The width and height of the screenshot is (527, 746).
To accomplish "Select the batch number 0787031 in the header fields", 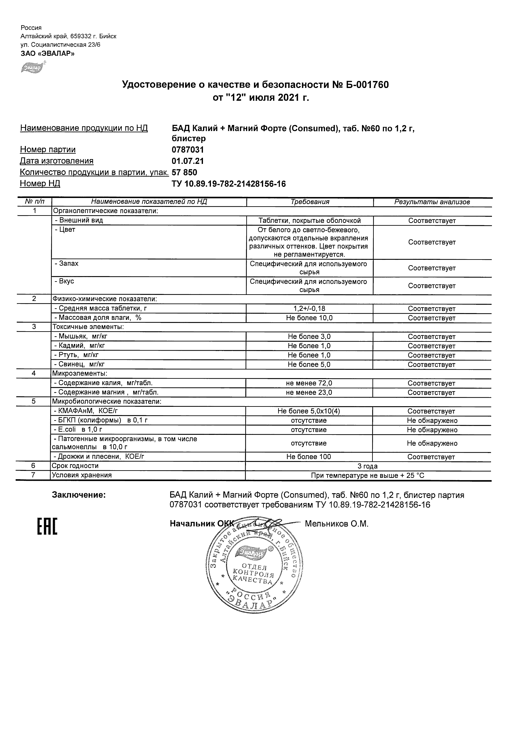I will [188, 150].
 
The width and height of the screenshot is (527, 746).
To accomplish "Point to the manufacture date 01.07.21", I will [188, 161].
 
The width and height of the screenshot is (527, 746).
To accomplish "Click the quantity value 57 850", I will [184, 172].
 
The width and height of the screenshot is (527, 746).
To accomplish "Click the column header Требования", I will [310, 202].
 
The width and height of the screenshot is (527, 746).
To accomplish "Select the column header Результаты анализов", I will [432, 202].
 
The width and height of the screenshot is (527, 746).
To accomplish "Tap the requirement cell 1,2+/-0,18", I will [309, 309].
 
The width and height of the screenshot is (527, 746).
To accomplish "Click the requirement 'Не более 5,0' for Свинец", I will [309, 365].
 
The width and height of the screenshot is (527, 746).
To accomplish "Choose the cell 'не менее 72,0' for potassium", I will [309, 384].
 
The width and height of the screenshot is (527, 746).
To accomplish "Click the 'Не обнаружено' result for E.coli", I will [432, 430].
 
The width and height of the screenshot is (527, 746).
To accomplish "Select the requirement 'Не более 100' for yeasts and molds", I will [308, 457].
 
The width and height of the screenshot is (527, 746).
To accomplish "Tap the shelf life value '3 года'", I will [368, 466].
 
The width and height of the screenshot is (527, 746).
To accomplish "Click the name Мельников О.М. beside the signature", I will [337, 524].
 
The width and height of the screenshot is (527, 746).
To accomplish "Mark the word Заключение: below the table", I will [79, 495].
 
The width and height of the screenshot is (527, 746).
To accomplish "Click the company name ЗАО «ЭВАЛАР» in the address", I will [47, 54].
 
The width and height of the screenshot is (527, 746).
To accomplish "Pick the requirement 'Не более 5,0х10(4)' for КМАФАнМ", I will [309, 411].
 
